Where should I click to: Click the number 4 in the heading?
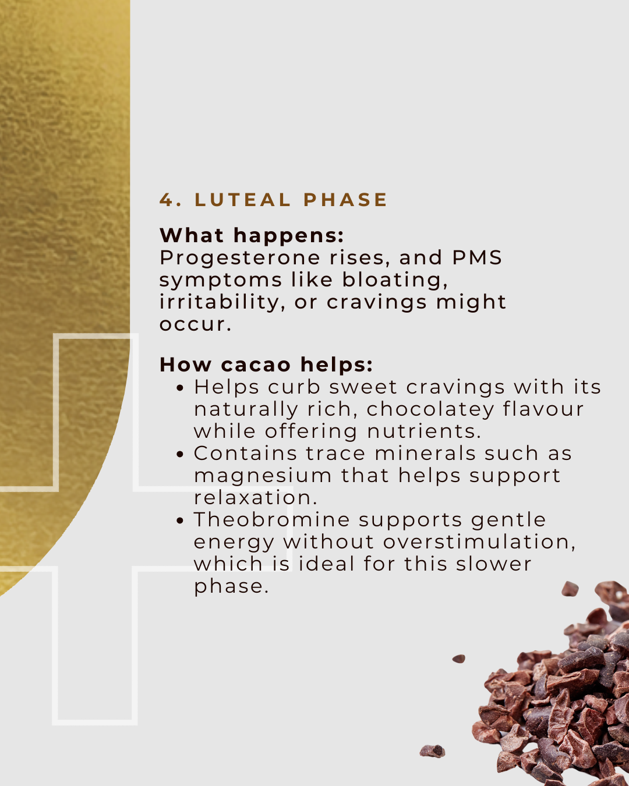pos(167,200)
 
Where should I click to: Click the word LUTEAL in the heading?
pos(243,200)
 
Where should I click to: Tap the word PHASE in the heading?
pos(345,200)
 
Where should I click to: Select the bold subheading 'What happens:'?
pos(252,235)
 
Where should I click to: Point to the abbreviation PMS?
pos(477,257)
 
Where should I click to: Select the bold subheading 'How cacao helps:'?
pos(266,364)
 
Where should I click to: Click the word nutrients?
pos(424,431)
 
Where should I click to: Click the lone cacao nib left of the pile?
pos(459,659)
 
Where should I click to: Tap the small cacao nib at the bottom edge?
pos(432,751)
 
